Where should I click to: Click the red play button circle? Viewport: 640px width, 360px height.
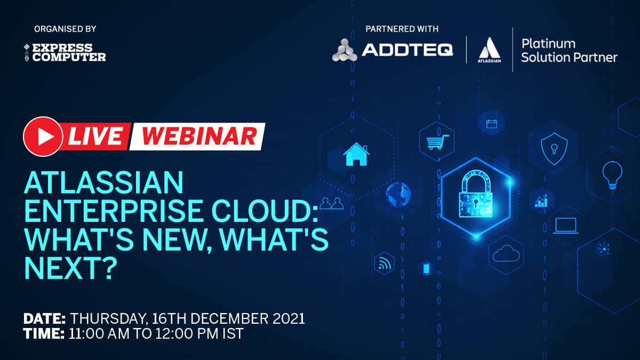click(43, 137)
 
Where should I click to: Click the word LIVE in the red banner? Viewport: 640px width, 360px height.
click(95, 137)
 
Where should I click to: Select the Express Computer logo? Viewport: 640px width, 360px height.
click(65, 53)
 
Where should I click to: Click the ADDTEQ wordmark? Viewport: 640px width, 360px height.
click(407, 50)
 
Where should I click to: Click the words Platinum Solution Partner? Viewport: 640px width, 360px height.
click(569, 51)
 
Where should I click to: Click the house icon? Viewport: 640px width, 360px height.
click(357, 154)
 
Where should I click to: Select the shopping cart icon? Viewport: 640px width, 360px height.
click(437, 142)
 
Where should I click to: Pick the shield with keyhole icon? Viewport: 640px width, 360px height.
click(554, 149)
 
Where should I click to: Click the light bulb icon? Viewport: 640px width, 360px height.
click(612, 175)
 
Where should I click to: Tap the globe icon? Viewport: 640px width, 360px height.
click(398, 195)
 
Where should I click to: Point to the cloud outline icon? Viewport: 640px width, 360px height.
click(506, 253)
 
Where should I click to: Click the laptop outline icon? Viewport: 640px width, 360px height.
click(566, 226)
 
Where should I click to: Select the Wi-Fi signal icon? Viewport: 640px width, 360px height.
click(384, 263)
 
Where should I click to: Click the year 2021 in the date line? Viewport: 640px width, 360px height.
click(289, 318)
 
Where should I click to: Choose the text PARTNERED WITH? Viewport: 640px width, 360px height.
click(402, 29)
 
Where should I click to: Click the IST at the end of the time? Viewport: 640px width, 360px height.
click(233, 334)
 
